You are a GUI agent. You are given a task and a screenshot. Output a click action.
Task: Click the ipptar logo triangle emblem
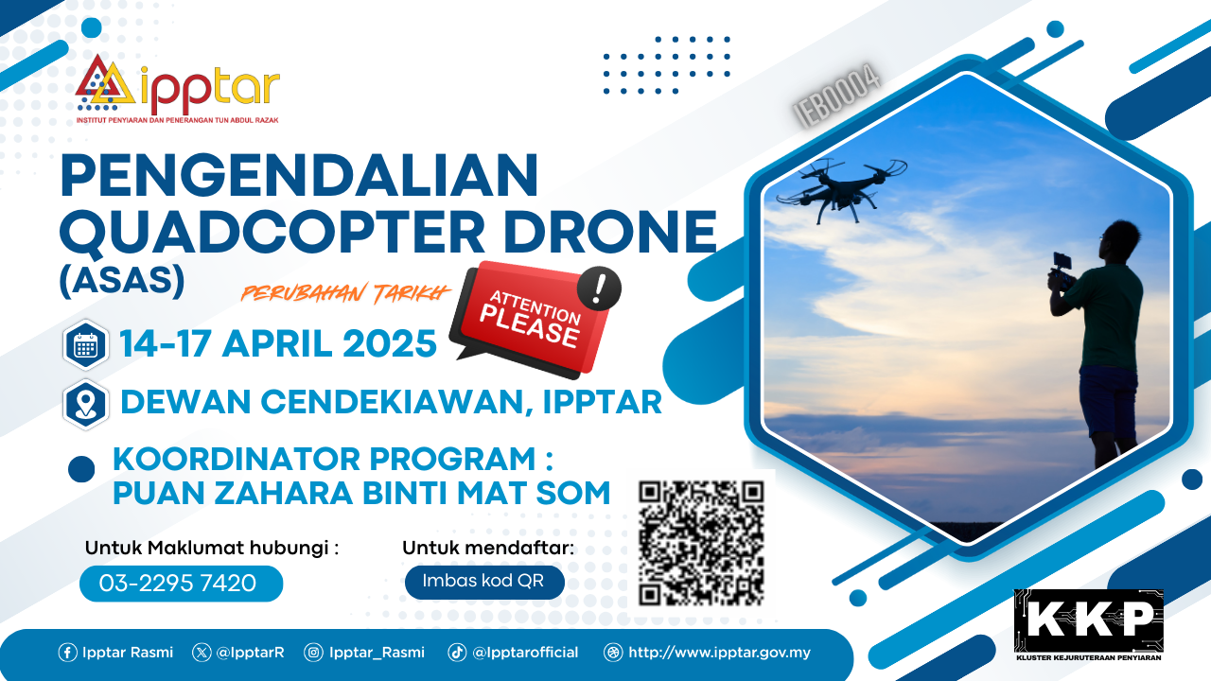point(105,81)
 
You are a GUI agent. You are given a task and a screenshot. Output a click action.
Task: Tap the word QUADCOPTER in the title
point(273,232)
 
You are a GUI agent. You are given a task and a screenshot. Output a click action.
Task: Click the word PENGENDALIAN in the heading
point(299,175)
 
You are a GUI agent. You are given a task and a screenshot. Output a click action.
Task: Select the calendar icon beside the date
point(85,345)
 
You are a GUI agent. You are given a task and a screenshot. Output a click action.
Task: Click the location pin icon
point(85,404)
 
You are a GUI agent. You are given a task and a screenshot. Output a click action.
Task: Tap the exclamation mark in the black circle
point(599,288)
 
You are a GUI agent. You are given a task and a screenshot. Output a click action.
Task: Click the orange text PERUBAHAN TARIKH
point(345,293)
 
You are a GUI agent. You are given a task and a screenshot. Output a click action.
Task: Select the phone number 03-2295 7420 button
point(181,584)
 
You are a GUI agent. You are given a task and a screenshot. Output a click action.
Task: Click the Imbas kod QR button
point(484,582)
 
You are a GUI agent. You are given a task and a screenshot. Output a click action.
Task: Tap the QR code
point(701,543)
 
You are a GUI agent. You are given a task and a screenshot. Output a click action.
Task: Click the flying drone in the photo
point(841,189)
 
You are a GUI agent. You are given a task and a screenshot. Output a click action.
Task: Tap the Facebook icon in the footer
point(67,653)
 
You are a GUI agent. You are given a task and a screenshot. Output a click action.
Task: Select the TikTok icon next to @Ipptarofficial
point(457,653)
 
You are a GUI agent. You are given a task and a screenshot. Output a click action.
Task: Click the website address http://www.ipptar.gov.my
point(719,653)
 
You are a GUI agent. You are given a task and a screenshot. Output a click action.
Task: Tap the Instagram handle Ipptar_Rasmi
point(377,653)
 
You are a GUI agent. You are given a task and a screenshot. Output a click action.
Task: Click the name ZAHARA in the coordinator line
point(282,493)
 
